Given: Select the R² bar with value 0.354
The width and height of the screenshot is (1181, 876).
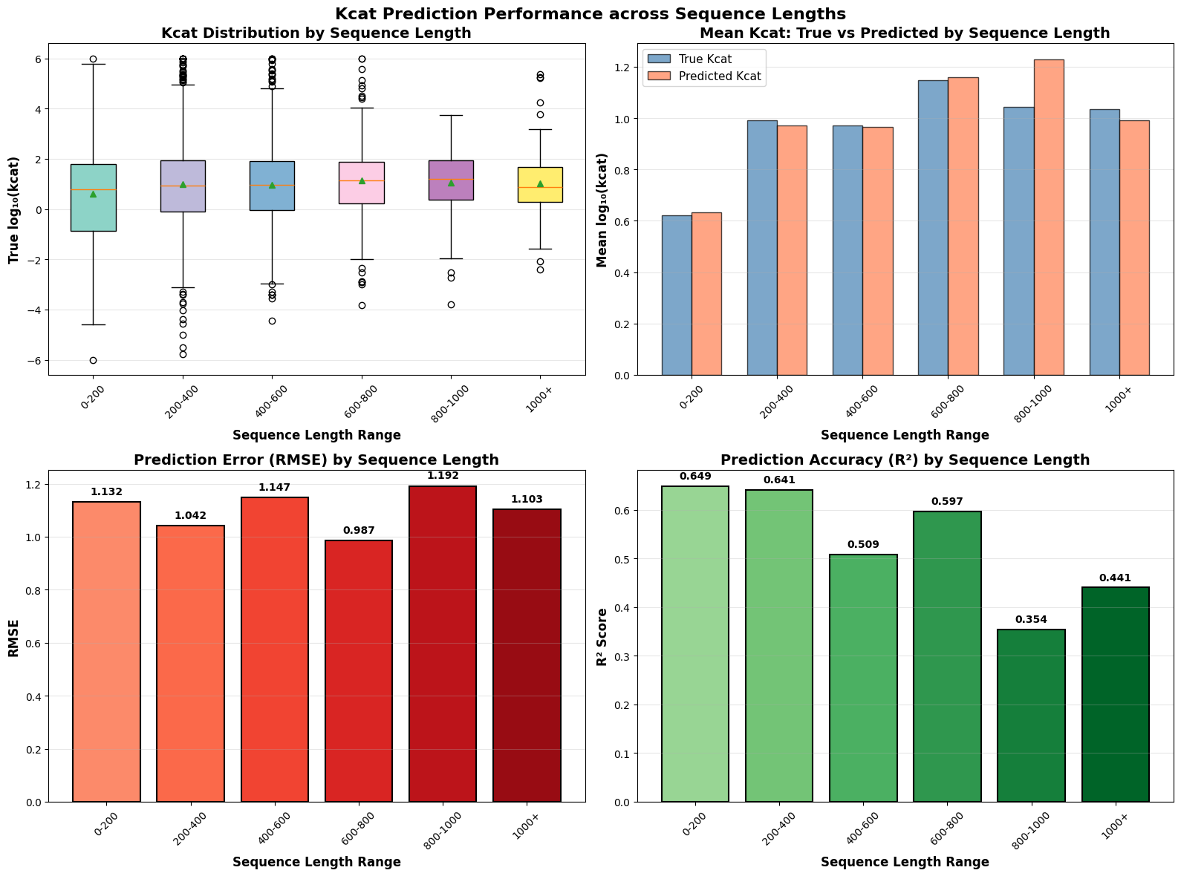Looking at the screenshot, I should click(x=1031, y=716).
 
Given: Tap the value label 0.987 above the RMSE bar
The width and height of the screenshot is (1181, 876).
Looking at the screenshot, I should click(x=359, y=531).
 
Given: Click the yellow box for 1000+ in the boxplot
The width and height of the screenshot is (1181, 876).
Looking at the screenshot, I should click(x=540, y=185).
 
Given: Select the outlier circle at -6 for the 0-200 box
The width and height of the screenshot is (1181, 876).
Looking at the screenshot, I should click(x=93, y=361).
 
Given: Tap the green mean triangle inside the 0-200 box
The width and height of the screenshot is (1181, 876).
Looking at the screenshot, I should click(x=93, y=194).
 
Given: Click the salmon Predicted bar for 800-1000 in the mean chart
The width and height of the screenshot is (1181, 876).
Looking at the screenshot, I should click(x=1049, y=218).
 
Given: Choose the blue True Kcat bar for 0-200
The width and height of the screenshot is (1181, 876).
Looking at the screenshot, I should click(x=677, y=295).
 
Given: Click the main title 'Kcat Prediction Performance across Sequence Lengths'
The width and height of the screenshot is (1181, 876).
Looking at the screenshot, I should click(x=590, y=13).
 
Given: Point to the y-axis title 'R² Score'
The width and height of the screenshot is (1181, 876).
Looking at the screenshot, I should click(x=602, y=636).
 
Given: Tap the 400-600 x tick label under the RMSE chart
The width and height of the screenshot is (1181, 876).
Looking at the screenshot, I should click(x=275, y=826).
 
